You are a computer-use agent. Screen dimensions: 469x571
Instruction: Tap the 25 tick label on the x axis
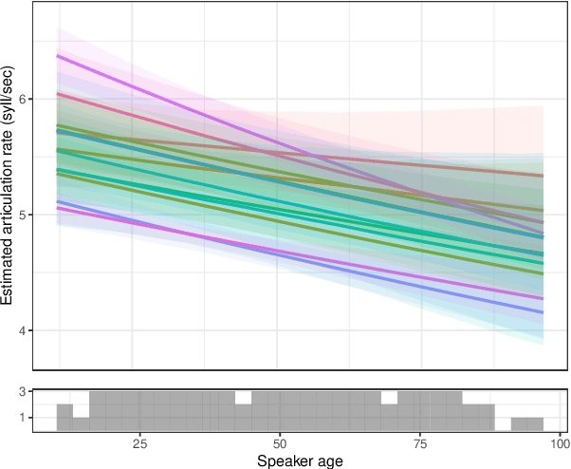(139, 444)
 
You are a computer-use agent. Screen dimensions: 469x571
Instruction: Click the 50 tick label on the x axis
(279, 444)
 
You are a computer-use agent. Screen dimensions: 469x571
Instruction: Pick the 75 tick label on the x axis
(418, 444)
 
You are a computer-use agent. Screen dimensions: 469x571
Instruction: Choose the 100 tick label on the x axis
(558, 444)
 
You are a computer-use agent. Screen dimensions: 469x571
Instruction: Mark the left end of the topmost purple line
(59, 56)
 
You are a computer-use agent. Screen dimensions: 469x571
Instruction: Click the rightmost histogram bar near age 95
(535, 423)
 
